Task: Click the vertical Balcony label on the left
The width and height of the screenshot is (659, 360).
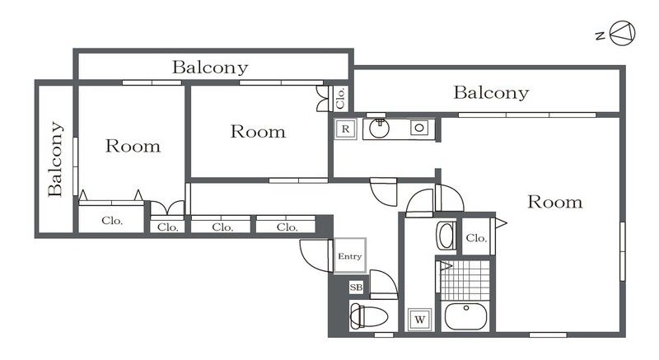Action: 56,159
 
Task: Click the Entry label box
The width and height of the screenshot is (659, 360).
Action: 349,256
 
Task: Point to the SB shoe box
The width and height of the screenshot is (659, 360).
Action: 357,288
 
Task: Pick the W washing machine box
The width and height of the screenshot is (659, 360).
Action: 418,319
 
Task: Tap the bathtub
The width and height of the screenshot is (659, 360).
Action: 466,316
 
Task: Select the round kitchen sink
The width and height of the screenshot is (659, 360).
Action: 380,129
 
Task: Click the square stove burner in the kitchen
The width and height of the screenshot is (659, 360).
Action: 419,129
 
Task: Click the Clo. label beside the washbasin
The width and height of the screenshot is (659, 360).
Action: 476,238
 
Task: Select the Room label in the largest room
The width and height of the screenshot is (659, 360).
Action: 554,202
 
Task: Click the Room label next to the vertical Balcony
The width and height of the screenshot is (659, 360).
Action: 133,147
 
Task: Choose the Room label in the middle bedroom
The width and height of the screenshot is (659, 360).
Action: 257,131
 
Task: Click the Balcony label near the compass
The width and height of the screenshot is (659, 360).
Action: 491,92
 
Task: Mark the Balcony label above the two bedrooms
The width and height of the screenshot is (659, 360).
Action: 209,68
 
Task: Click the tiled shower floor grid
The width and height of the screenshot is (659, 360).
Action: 466,279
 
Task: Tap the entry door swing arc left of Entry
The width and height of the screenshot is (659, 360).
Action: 314,253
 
